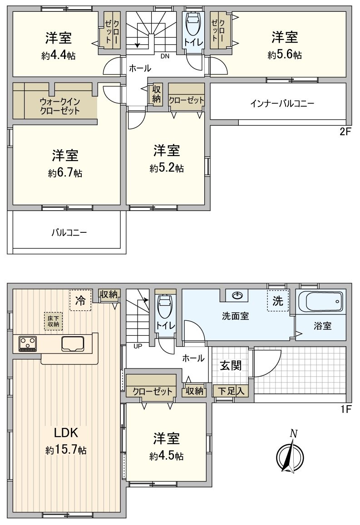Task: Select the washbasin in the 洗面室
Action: [x=237, y=295]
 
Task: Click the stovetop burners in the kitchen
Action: [x=27, y=343]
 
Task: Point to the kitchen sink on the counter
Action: [x=73, y=344]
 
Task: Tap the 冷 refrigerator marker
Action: [x=80, y=299]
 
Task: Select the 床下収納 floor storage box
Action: [x=53, y=321]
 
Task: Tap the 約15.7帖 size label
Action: [x=66, y=450]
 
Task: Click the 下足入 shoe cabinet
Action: [x=231, y=391]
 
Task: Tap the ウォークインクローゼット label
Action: [x=59, y=106]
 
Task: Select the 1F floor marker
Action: [x=346, y=409]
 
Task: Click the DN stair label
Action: [x=166, y=56]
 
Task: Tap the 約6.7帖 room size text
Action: [x=65, y=173]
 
